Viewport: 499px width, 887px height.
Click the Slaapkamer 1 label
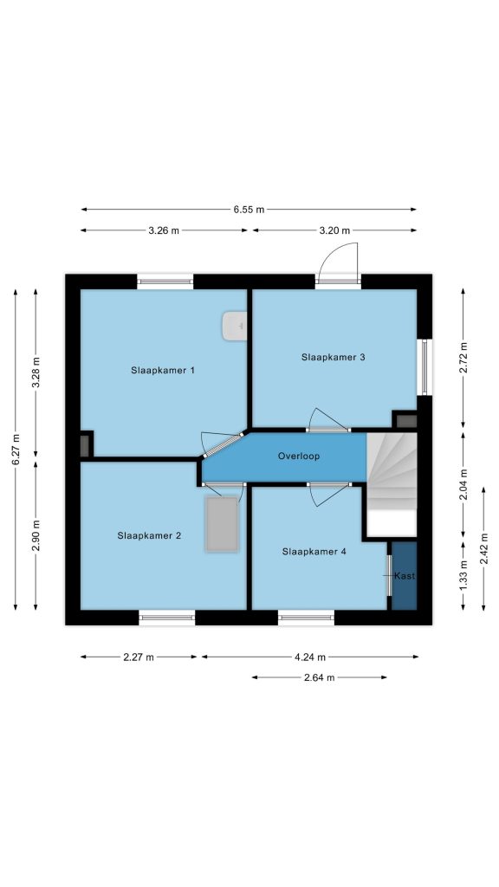[163, 371]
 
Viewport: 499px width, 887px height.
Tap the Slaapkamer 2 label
[149, 535]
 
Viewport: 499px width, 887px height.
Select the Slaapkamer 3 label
[334, 357]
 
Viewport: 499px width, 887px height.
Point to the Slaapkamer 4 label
[314, 552]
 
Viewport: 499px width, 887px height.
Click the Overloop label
[299, 456]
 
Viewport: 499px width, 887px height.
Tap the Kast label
[405, 576]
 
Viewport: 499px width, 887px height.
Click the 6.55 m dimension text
[249, 210]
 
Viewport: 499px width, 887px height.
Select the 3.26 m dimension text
[164, 230]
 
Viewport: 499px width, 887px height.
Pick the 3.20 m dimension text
[334, 230]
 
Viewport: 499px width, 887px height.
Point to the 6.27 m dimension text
[16, 450]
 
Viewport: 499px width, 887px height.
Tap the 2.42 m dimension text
[483, 548]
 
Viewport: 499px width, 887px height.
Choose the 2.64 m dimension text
[319, 677]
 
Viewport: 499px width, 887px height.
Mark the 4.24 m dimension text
[310, 657]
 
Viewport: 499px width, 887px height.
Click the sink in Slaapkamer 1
[234, 326]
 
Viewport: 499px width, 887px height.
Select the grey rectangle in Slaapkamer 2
[222, 524]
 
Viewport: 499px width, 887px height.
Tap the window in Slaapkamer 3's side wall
[424, 367]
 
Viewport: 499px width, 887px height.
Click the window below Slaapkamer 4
[306, 617]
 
